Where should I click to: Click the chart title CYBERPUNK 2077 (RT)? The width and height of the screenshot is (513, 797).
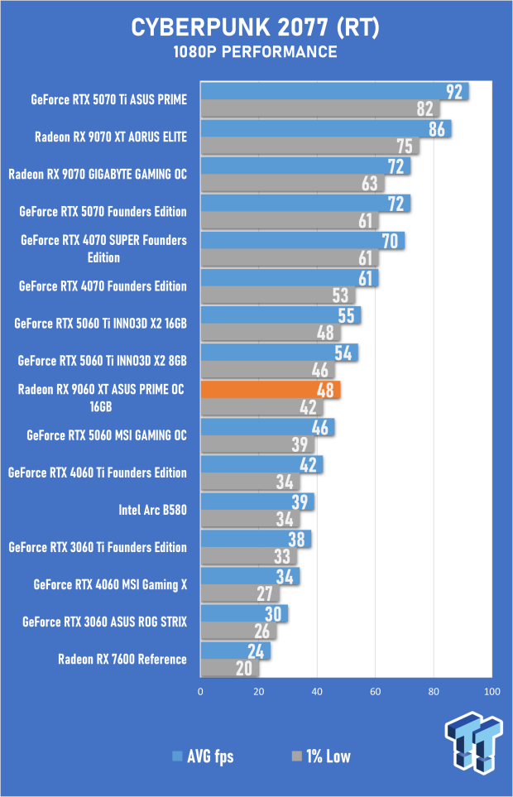coord(256,28)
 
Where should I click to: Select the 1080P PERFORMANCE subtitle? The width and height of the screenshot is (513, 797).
coord(256,52)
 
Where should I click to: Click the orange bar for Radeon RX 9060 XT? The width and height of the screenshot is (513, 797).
coord(269,389)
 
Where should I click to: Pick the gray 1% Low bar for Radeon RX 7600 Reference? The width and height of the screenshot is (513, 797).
coord(229,669)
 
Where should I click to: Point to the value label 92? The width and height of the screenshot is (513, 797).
coord(454,91)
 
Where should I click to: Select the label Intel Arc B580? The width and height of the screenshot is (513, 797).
coord(153,510)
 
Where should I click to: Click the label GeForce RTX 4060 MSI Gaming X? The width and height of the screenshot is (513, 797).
coord(111,584)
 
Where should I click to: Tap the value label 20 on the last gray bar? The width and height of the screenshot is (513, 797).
coord(246,669)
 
